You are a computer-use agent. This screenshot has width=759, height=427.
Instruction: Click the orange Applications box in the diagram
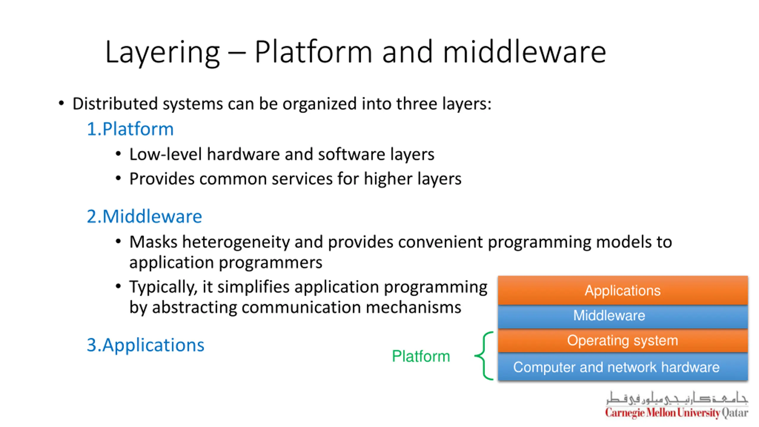click(x=623, y=290)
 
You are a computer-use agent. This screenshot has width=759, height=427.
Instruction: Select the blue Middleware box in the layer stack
click(x=623, y=316)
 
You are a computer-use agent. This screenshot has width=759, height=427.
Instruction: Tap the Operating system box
click(x=623, y=340)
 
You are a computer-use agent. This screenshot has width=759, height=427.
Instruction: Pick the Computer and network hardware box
click(x=623, y=367)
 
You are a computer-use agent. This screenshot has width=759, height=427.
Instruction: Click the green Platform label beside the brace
click(x=421, y=356)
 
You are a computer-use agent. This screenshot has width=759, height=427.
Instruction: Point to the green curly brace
click(x=484, y=356)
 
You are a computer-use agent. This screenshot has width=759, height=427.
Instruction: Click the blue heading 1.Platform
click(x=130, y=129)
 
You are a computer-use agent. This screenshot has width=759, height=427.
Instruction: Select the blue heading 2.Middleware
click(x=144, y=216)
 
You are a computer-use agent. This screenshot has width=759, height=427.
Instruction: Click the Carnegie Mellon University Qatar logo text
click(x=677, y=413)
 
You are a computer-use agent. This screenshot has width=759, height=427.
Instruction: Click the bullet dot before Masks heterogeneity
click(x=118, y=241)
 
